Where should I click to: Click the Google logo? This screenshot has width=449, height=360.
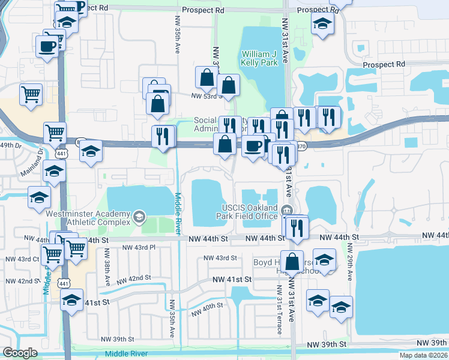(x=20, y=353)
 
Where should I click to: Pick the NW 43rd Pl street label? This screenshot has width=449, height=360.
(x=139, y=247)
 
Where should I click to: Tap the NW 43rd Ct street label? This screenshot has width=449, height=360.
(x=28, y=259)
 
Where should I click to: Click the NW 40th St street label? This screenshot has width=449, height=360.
(x=207, y=310)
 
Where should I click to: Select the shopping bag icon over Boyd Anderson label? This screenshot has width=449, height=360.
(x=292, y=262)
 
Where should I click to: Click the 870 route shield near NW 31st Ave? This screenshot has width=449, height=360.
(x=302, y=146)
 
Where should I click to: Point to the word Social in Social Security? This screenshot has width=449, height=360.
(x=205, y=121)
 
